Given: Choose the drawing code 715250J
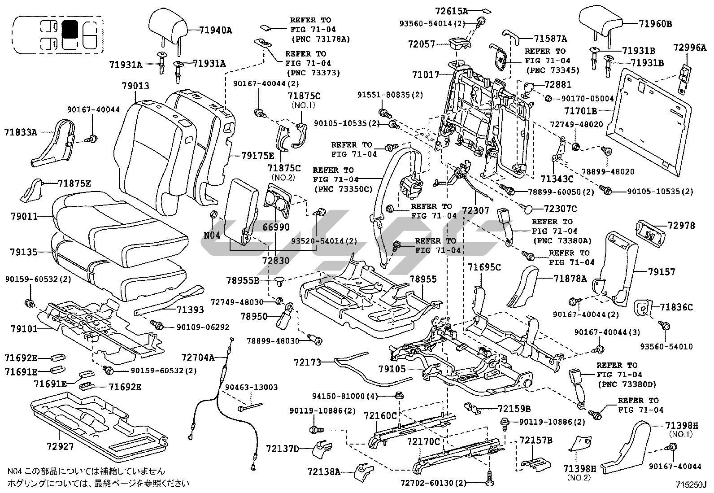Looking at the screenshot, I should (691, 485).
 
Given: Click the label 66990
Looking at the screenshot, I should (275, 228).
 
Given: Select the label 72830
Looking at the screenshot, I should (275, 261).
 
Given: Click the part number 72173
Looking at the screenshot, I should (308, 362).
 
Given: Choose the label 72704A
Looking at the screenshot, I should (198, 357).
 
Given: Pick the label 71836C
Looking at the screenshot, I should (676, 307).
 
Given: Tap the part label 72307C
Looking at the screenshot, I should (560, 209).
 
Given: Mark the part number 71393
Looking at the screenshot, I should (190, 310).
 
